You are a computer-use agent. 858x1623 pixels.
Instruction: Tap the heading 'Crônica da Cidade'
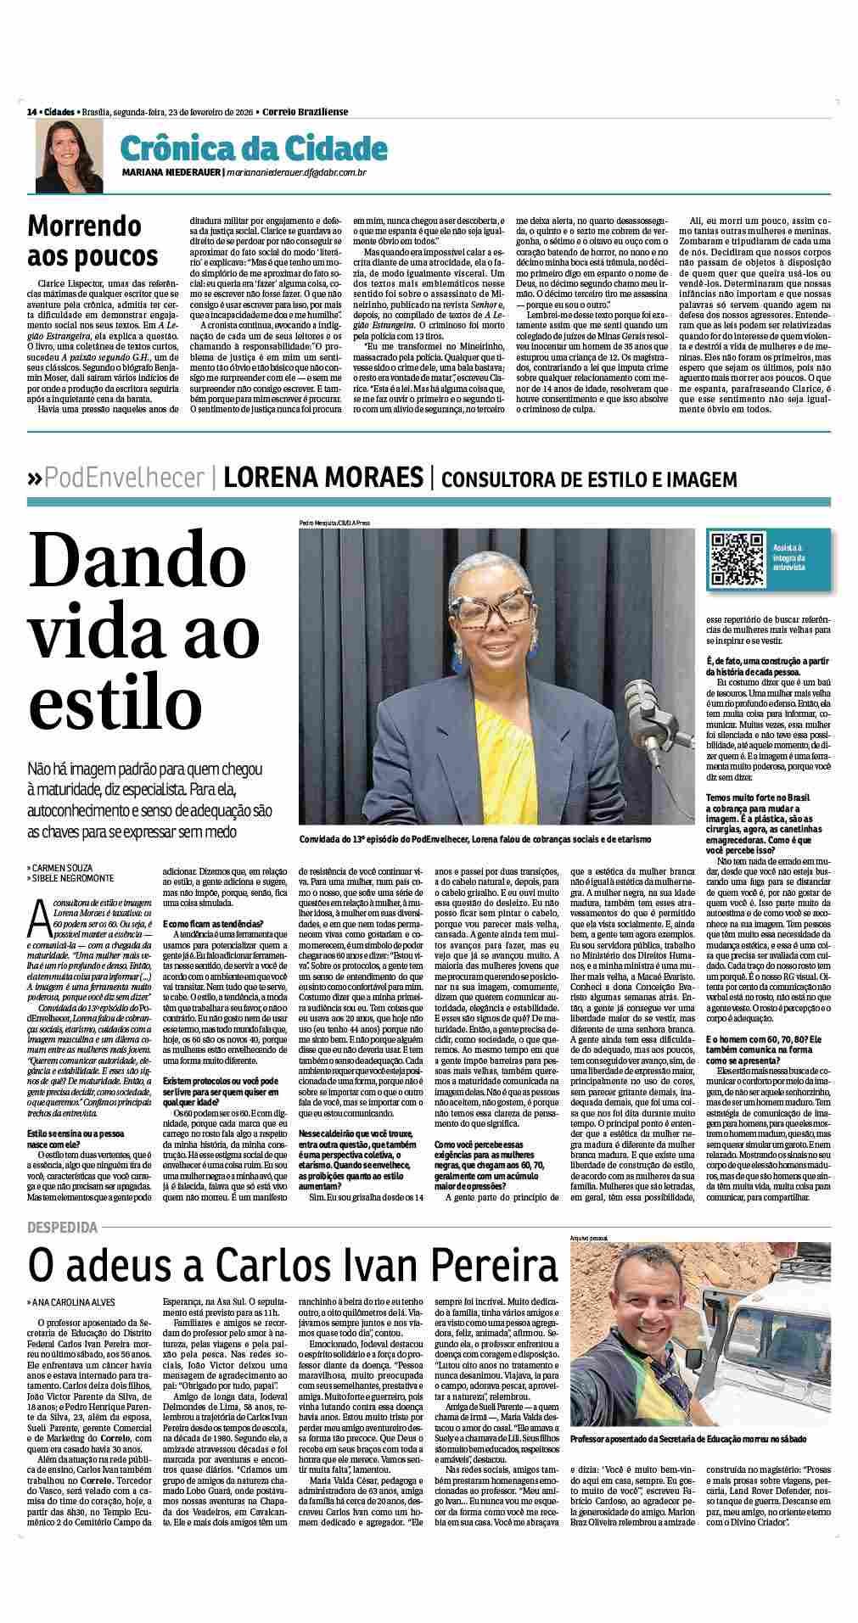(x=253, y=148)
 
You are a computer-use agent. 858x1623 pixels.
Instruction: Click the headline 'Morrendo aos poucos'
(x=93, y=240)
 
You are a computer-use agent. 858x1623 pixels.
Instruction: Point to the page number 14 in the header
(x=31, y=112)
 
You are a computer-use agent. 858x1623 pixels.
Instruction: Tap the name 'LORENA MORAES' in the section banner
(x=323, y=479)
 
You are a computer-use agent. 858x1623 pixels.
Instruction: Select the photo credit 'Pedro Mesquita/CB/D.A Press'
(x=334, y=523)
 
